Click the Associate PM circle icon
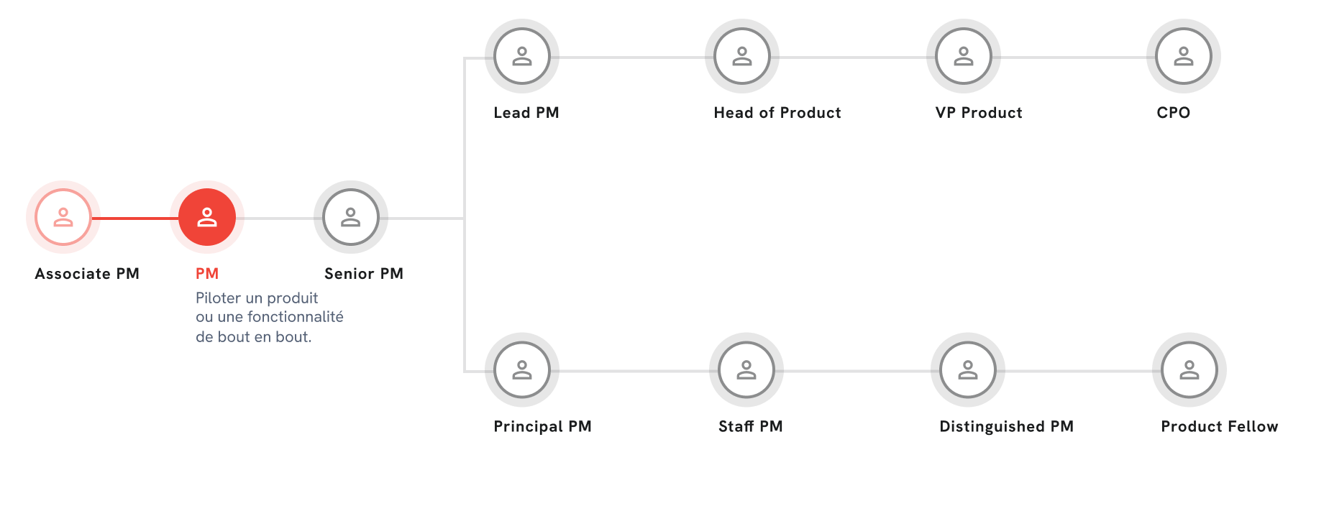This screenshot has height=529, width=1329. coord(63,217)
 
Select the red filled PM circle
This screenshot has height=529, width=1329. coord(207,217)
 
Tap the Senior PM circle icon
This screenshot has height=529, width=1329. coord(351,217)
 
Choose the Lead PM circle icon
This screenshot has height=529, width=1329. coord(522,56)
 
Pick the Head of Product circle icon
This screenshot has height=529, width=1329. coord(742,56)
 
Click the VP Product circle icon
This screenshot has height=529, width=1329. coord(964,56)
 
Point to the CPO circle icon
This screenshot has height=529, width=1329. coord(1184,56)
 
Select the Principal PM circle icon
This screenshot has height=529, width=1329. coord(522,369)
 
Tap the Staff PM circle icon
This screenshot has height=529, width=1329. coord(746,369)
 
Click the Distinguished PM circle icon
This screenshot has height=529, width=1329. coord(968,369)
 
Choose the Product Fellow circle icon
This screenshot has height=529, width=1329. coord(1189,369)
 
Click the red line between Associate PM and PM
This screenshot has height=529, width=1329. coord(135,218)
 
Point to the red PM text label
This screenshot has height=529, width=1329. coord(207,274)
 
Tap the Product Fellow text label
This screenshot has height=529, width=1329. coord(1220,426)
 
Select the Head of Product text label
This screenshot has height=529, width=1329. coord(777,113)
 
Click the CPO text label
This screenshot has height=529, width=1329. coord(1174,113)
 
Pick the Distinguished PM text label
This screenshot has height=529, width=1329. coord(1006,426)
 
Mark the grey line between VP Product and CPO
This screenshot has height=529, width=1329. coord(1074,57)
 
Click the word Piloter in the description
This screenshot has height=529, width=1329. coord(219,298)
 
